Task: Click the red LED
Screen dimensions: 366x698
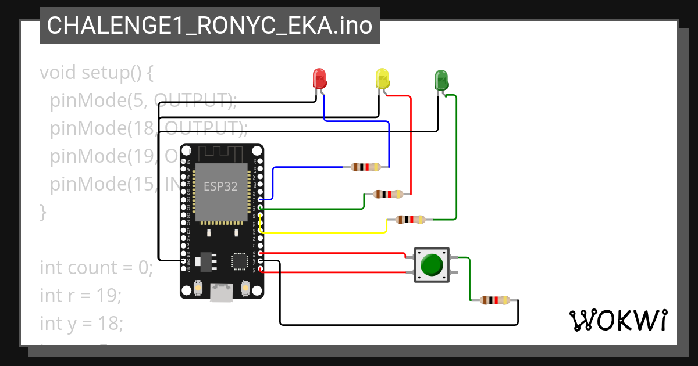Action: [319, 78]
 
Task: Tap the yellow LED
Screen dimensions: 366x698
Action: [382, 78]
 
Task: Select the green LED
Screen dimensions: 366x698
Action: [441, 79]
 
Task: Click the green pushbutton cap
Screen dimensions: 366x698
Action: [432, 265]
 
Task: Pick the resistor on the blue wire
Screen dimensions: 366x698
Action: [366, 167]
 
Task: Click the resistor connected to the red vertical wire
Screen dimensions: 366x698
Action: [388, 194]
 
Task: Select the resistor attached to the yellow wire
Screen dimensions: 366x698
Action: [410, 220]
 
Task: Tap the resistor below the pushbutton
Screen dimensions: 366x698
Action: [495, 300]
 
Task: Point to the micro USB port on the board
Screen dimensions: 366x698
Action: [221, 292]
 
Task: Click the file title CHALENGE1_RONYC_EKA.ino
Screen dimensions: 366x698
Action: [209, 26]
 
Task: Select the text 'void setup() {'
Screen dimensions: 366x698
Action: [97, 73]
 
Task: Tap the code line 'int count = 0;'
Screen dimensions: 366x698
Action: [96, 268]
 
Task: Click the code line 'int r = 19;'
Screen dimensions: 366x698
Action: [81, 295]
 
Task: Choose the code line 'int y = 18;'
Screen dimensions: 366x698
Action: [81, 322]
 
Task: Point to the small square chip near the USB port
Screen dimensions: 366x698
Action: [240, 261]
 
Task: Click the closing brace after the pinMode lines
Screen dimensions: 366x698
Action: [42, 212]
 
